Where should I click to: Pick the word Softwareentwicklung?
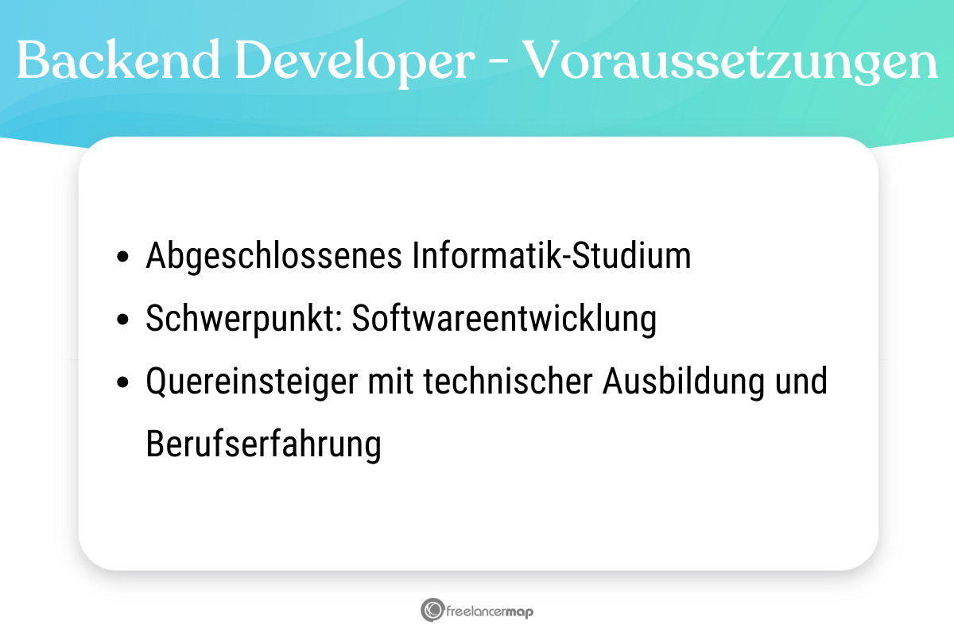coord(505,319)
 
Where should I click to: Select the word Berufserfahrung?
coord(264,444)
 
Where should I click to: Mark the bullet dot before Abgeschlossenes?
coord(122,258)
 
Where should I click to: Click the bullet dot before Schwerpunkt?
coord(122,320)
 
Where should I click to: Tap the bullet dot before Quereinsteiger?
coord(122,383)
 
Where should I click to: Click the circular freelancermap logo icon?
coord(432,610)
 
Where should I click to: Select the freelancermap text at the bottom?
coord(489,611)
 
